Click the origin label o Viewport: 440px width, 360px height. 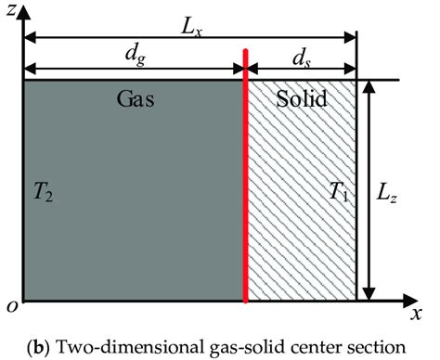pos(10,305)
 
